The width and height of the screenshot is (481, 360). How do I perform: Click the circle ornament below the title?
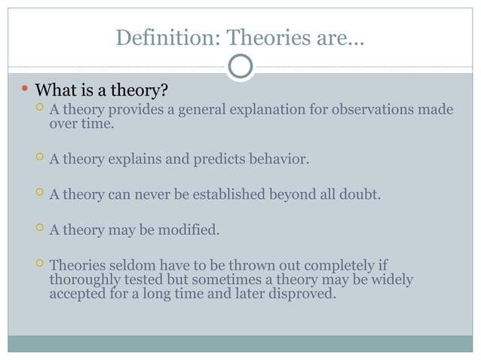[x=240, y=66]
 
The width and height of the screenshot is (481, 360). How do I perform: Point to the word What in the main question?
[x=56, y=92]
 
